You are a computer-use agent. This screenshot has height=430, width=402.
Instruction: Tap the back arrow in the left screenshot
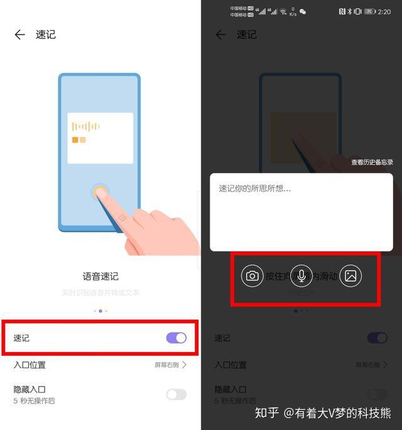click(19, 35)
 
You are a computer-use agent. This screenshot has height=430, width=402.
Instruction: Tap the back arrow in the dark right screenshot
click(220, 35)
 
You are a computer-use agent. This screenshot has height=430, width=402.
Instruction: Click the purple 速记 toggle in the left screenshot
click(177, 338)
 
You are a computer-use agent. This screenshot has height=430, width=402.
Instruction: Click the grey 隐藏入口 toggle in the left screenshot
click(177, 394)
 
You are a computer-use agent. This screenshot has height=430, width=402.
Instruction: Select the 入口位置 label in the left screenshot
click(30, 365)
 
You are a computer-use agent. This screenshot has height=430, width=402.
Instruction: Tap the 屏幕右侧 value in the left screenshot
click(167, 365)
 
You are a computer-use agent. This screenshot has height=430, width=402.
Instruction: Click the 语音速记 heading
click(100, 276)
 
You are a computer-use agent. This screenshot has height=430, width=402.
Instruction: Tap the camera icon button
click(252, 275)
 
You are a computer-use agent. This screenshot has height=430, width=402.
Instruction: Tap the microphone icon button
click(301, 275)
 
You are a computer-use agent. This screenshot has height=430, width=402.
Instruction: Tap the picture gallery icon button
click(350, 275)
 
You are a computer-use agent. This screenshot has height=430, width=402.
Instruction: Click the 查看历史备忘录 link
click(372, 162)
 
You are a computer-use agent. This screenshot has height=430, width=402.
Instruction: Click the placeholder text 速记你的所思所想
click(254, 188)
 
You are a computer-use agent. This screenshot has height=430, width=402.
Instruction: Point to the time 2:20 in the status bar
click(384, 11)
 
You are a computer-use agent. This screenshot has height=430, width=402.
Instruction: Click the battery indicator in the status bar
click(369, 11)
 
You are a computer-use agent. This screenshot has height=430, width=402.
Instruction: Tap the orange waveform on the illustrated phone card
click(86, 126)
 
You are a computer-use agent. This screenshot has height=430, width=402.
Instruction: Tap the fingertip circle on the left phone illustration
click(100, 192)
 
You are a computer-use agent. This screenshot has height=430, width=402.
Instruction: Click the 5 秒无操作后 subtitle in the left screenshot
click(35, 400)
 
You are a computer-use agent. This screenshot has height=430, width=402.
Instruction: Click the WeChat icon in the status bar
click(303, 11)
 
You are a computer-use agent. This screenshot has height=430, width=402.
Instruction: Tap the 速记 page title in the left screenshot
click(45, 35)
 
